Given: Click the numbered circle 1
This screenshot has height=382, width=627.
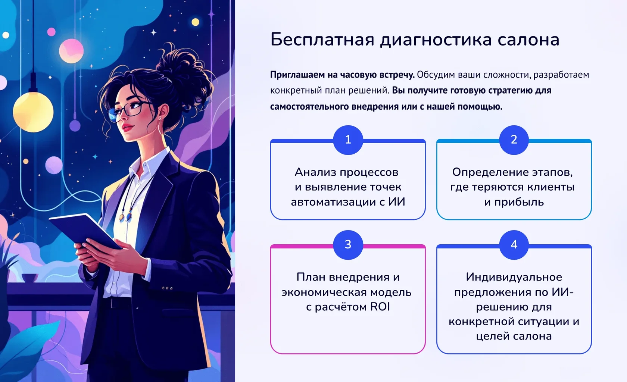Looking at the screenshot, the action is tap(348, 140).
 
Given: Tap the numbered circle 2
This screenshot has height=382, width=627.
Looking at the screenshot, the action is tap(514, 140).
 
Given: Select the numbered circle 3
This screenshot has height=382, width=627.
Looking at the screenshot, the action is tap(348, 245).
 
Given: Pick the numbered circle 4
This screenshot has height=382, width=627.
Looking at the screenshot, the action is tap(514, 245).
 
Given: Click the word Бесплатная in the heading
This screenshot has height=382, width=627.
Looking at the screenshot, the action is tap(322, 40).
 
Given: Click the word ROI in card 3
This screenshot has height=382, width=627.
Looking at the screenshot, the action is tap(380, 307).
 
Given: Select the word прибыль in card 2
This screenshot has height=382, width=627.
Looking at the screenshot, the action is tap(519, 202).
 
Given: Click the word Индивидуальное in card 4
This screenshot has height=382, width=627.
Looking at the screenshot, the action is tap(514, 277).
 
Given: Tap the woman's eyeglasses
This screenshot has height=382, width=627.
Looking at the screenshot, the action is tap(131, 112).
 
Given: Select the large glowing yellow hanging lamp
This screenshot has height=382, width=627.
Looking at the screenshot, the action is tap(33, 112).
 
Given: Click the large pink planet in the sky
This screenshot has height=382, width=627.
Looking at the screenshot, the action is tap(71, 51).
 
